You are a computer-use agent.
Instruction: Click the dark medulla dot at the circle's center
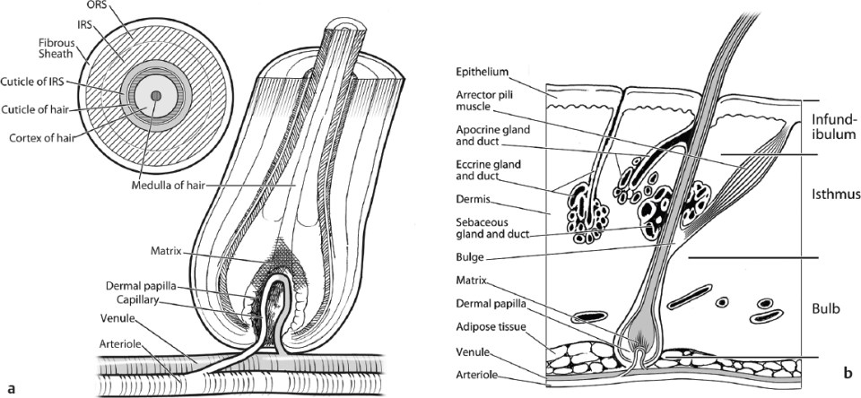pyautogui.click(x=156, y=95)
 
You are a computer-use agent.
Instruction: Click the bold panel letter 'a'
pyautogui.click(x=11, y=388)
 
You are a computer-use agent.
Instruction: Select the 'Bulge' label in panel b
pyautogui.click(x=470, y=256)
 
